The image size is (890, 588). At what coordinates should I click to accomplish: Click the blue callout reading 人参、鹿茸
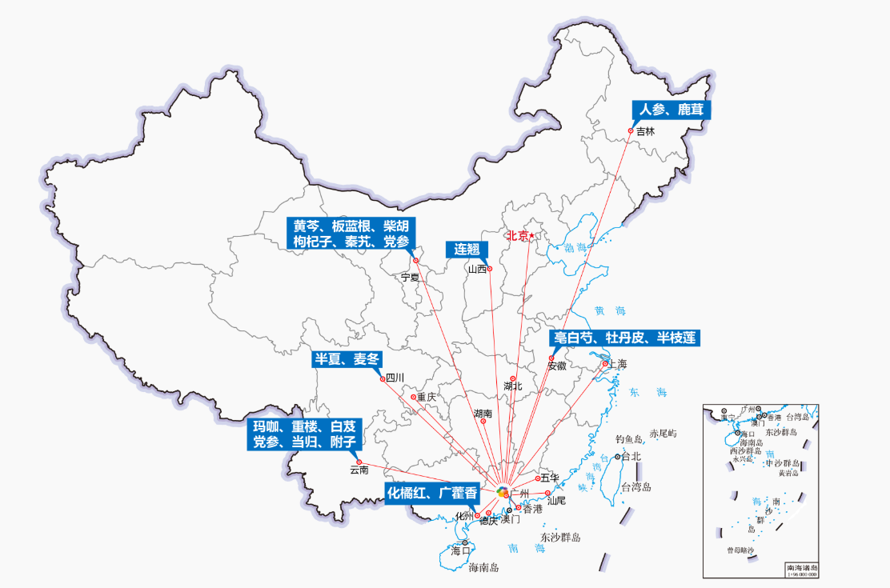click(x=671, y=110)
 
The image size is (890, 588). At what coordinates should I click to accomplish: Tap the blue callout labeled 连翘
click(x=467, y=249)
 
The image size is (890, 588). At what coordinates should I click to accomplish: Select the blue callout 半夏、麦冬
click(x=347, y=359)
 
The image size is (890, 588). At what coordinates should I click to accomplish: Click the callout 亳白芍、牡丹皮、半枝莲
click(x=624, y=338)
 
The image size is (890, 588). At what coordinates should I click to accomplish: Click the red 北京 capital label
click(x=518, y=236)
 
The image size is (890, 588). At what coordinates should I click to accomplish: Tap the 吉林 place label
click(x=645, y=131)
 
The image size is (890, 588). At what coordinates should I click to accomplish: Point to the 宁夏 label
click(x=410, y=277)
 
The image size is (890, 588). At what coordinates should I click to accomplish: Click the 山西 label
click(x=477, y=269)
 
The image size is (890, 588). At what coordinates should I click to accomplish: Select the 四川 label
click(x=395, y=378)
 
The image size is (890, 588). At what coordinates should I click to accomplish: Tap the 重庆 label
click(x=427, y=397)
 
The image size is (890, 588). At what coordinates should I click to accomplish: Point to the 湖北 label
click(x=513, y=386)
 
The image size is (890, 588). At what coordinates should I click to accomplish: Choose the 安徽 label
click(x=557, y=366)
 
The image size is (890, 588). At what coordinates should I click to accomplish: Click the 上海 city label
click(x=618, y=364)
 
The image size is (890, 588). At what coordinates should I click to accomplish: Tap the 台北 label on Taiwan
click(x=631, y=457)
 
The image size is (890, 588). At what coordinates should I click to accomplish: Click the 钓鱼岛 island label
click(x=629, y=439)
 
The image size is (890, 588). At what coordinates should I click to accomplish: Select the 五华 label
click(x=549, y=478)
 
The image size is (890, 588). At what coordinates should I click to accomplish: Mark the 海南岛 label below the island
click(x=483, y=568)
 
